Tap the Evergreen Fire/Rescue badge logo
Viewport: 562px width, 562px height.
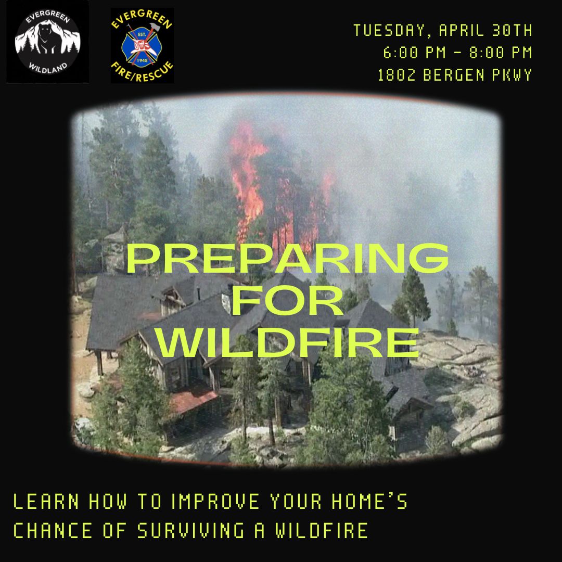[142, 45]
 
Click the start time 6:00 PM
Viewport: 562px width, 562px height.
[411, 53]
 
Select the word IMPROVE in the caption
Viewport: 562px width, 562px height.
[215, 503]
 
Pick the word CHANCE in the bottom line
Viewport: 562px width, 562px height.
[53, 531]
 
